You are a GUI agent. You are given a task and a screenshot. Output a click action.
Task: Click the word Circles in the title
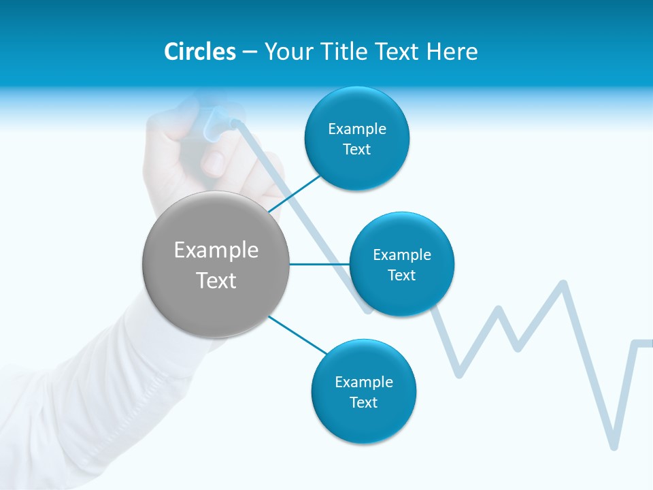[199, 52]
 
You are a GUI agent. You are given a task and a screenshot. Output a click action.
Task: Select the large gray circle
[216, 265]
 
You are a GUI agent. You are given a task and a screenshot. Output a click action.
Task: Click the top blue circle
[356, 139]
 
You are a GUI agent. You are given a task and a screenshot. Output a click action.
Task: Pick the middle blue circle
[401, 264]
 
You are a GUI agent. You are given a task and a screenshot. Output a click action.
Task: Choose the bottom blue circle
[363, 392]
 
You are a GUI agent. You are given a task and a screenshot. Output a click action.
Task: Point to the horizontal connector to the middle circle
[319, 264]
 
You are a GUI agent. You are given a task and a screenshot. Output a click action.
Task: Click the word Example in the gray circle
[216, 250]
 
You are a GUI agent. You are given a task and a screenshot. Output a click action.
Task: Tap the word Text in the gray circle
[216, 280]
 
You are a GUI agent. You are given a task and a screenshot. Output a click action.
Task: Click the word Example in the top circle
[356, 129]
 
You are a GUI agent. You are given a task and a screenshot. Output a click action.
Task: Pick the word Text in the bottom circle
[363, 402]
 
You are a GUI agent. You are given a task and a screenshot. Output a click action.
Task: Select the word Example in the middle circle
[401, 255]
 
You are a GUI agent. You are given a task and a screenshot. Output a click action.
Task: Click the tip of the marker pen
[235, 124]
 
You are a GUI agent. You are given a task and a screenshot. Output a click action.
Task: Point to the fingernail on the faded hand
[214, 163]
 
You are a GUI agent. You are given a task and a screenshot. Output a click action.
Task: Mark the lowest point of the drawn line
[614, 446]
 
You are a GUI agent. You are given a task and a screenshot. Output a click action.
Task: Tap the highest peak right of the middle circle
[563, 282]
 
